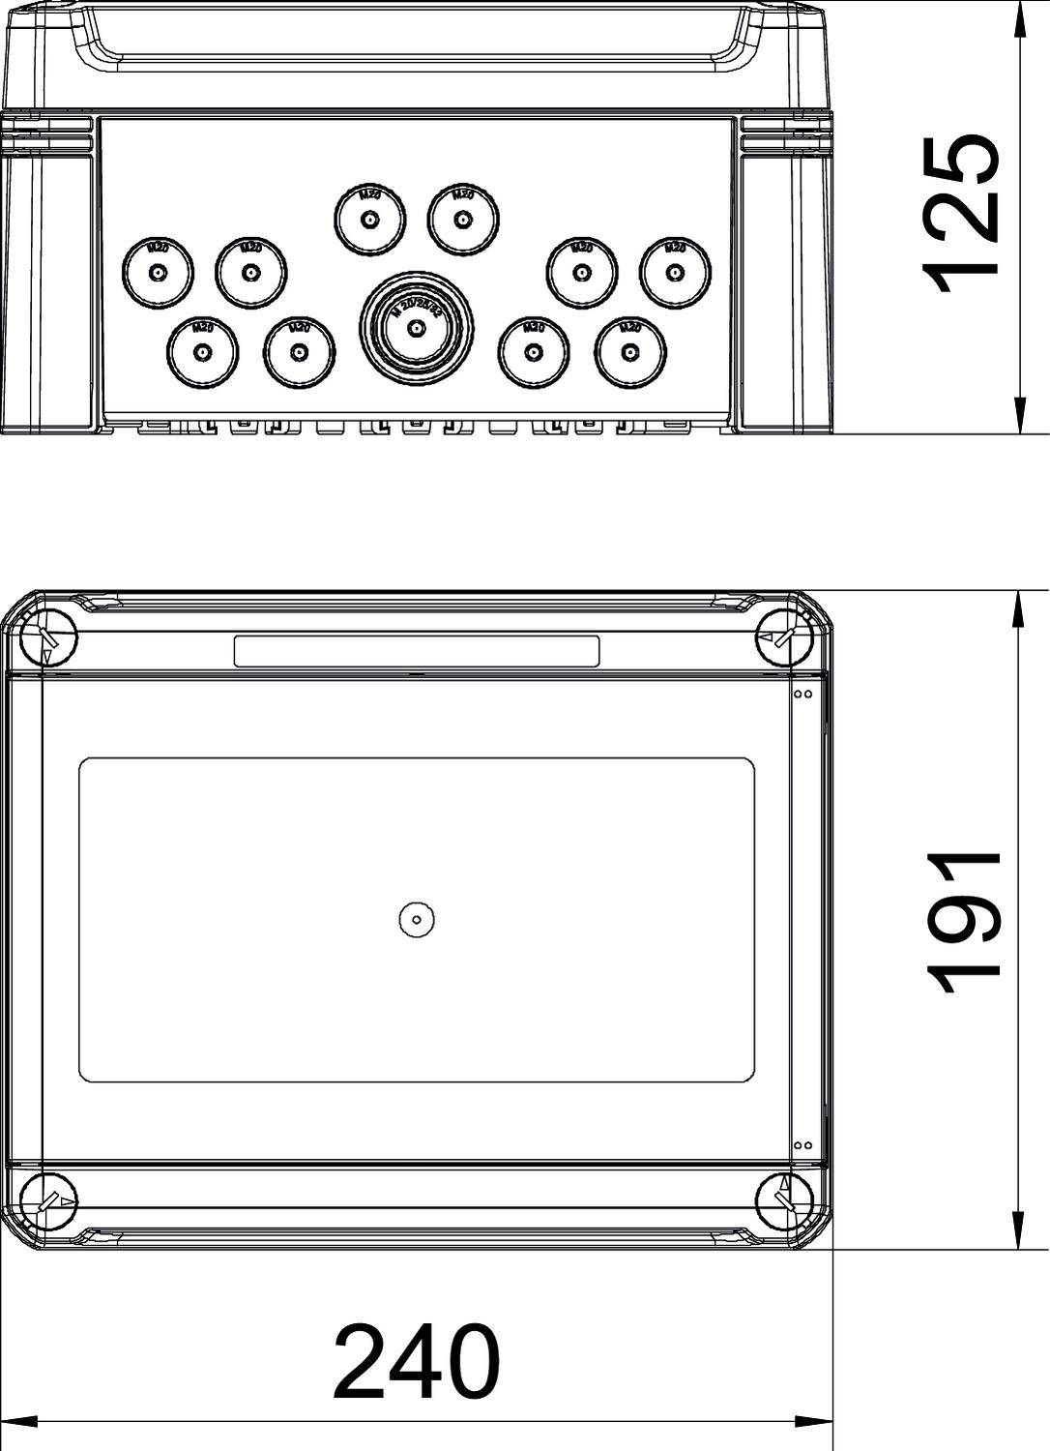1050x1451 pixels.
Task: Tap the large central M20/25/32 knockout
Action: pyautogui.click(x=417, y=328)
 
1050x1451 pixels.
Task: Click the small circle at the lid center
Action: pyautogui.click(x=417, y=920)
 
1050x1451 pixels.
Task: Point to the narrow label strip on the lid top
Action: pyautogui.click(x=417, y=651)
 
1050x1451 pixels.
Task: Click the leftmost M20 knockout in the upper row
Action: pyautogui.click(x=158, y=272)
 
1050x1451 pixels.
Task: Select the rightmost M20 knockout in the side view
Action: pyautogui.click(x=675, y=272)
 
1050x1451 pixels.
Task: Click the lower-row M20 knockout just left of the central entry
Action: pyautogui.click(x=299, y=351)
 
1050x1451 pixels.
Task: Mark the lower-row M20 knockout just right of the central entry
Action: pyautogui.click(x=533, y=351)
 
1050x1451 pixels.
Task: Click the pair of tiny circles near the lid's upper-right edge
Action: pyautogui.click(x=802, y=694)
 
